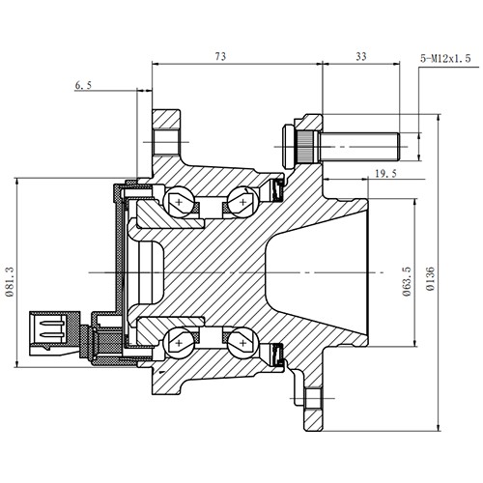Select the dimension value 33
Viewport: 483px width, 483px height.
pyautogui.click(x=361, y=57)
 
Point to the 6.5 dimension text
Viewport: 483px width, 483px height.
pyautogui.click(x=84, y=86)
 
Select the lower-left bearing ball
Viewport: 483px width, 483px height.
pyautogui.click(x=180, y=341)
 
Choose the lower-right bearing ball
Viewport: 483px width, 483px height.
pyautogui.click(x=239, y=341)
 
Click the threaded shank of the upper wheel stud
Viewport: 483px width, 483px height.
pyautogui.click(x=362, y=147)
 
